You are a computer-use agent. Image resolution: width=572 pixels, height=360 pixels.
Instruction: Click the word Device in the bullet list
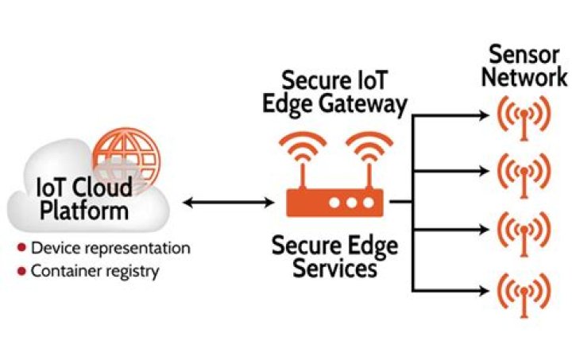[52, 248]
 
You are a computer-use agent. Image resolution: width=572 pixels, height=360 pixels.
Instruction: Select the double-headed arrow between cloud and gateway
[227, 203]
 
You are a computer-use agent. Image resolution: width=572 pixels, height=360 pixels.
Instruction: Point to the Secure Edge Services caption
[334, 256]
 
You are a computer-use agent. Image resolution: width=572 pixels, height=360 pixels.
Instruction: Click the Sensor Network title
[525, 66]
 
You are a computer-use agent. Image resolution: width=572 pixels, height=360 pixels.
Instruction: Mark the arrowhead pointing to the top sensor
[484, 116]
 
